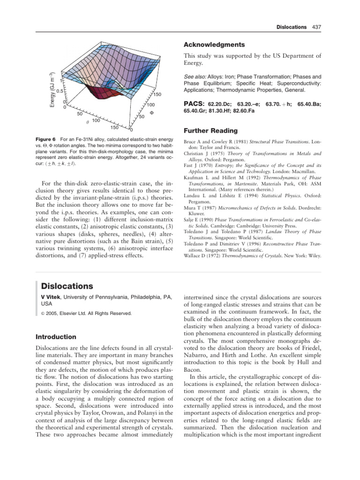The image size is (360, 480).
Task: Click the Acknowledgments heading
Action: point(214,45)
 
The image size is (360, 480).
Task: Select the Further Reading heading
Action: point(210,130)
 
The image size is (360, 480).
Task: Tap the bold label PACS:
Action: point(193,105)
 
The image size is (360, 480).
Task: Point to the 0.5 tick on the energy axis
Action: point(60,91)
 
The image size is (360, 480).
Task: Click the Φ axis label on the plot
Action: point(151,112)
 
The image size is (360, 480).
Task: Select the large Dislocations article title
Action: point(67,286)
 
